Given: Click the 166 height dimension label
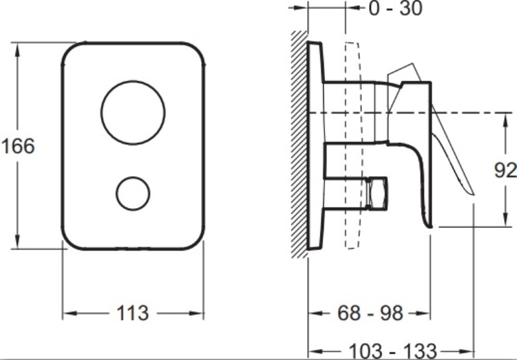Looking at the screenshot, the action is coord(18,146).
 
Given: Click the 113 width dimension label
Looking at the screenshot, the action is coord(132,313).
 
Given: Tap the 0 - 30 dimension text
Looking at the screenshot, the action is coord(396,8).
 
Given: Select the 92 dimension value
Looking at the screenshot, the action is coord(505,171).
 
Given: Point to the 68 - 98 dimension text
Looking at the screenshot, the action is coord(370,313).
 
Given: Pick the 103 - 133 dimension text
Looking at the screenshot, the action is coord(392,351).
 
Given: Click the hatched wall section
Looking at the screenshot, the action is coord(299,144).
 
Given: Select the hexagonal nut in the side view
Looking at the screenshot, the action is coord(377,193).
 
